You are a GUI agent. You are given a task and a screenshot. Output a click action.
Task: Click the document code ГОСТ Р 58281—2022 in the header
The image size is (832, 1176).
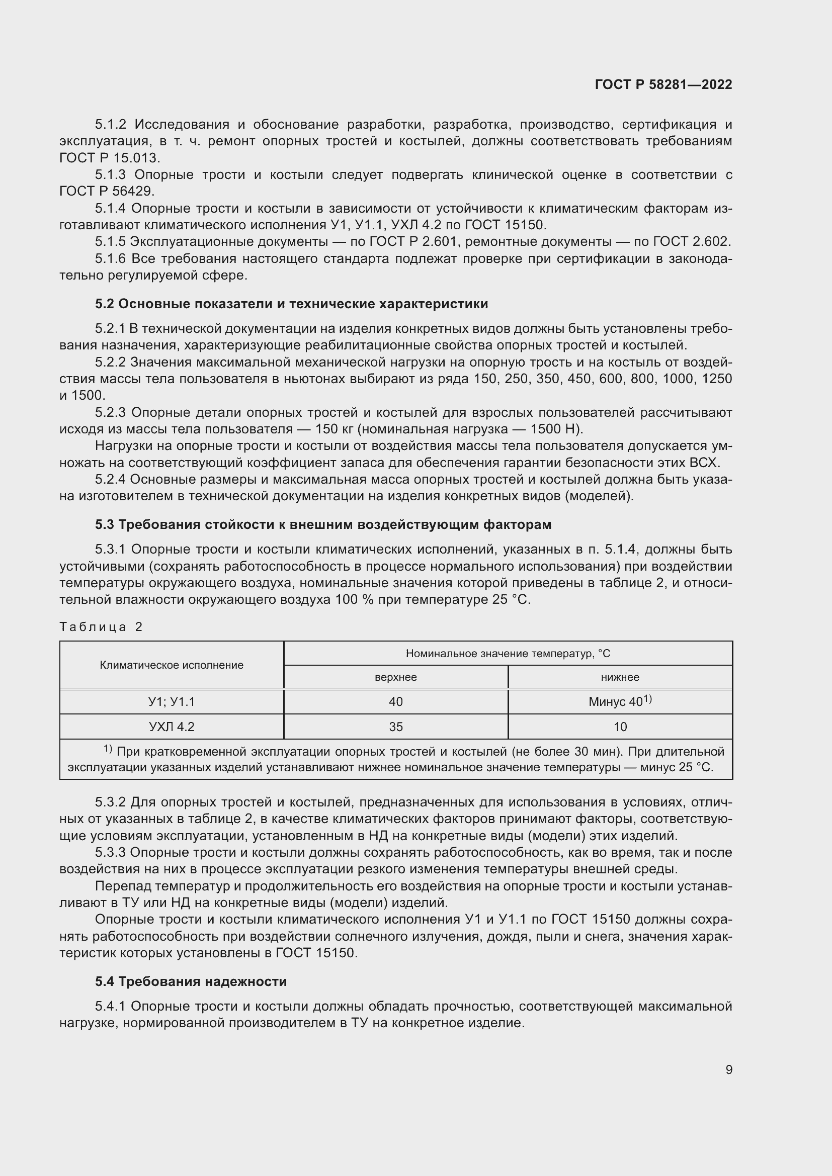(x=663, y=84)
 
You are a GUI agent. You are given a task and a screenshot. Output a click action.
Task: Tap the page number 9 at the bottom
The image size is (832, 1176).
(x=728, y=1069)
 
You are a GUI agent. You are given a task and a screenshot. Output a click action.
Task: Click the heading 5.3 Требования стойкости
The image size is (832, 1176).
(x=323, y=524)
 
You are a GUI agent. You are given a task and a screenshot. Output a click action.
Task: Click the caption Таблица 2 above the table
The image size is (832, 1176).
(x=101, y=627)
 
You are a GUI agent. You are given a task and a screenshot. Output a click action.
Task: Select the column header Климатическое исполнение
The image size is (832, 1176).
(x=172, y=665)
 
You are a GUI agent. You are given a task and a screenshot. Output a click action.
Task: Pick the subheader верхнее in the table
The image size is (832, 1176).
(x=395, y=677)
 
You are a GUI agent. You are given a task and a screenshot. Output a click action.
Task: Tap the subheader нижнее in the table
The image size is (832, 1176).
(x=620, y=677)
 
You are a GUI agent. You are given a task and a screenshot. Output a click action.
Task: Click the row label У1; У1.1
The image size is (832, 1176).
(x=172, y=702)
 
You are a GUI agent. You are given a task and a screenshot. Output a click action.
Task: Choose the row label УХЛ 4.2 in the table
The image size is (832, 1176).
(x=172, y=727)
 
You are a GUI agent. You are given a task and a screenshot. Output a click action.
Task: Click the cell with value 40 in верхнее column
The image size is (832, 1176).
(x=395, y=702)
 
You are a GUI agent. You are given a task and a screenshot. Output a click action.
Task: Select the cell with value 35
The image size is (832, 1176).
(x=395, y=727)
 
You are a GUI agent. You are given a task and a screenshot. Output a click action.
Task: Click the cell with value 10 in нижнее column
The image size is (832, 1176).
(x=620, y=727)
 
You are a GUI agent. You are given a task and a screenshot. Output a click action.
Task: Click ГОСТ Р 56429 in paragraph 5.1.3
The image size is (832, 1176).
(x=106, y=191)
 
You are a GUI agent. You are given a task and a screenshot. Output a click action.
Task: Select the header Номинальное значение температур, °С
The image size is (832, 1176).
(x=508, y=654)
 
